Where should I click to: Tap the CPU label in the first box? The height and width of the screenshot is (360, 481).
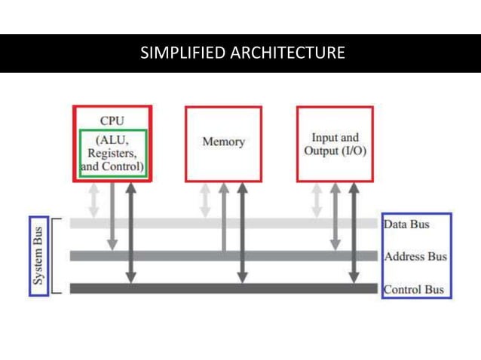click(x=112, y=120)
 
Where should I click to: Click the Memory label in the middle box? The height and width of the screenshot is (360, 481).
click(x=223, y=142)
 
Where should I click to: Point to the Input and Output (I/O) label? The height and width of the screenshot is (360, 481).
click(x=335, y=144)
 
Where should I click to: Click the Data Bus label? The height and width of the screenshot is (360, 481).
click(x=407, y=224)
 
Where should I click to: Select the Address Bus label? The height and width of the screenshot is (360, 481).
click(x=415, y=256)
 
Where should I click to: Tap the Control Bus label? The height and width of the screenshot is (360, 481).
click(x=414, y=289)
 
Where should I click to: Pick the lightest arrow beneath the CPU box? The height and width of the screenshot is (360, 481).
click(x=93, y=200)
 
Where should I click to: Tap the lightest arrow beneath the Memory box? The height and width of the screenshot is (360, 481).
click(x=205, y=200)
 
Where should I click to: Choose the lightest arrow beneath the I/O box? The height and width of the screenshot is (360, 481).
click(x=317, y=200)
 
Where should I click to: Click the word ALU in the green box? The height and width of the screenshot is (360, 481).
click(x=113, y=139)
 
